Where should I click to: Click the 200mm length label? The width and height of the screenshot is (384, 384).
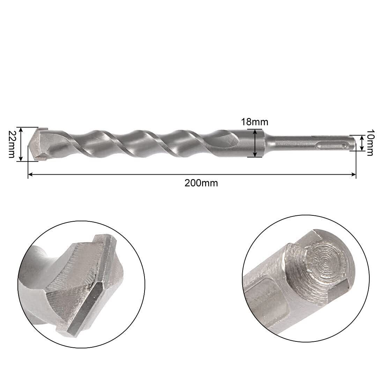point(201,183)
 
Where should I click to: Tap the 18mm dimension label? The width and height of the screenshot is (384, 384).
point(255,122)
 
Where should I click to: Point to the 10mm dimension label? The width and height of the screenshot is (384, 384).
point(369,142)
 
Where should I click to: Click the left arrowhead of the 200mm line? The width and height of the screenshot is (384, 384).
point(30,174)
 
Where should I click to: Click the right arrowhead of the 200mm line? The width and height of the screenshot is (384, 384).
point(354,174)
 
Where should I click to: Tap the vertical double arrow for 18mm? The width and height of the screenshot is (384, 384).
point(255,143)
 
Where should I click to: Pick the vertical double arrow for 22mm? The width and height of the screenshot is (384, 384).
point(21,144)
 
